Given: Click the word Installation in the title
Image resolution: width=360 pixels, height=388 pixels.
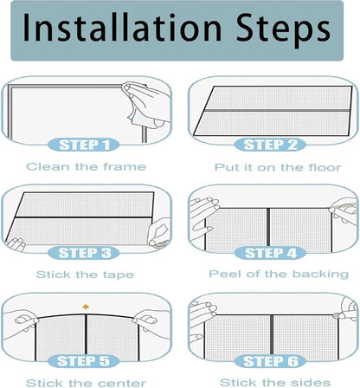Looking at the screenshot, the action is click(122, 28).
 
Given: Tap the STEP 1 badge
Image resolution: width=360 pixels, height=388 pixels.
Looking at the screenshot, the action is click(84, 145).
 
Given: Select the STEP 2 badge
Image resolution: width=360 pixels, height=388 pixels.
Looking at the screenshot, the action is click(270, 145).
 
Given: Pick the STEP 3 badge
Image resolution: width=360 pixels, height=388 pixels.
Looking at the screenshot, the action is click(84, 253).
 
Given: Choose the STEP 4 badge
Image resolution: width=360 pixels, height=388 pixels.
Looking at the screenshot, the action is click(270, 253).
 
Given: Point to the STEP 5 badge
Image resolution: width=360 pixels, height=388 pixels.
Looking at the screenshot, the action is click(84, 361).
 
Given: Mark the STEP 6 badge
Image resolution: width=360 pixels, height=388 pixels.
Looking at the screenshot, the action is click(270, 361).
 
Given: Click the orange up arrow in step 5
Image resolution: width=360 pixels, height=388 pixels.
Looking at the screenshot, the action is click(86, 307).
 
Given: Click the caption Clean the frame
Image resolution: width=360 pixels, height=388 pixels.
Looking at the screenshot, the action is click(86, 166).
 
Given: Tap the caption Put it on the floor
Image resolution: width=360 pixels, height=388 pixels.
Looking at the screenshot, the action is click(278, 167).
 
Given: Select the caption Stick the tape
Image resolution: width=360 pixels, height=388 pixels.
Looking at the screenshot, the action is click(85, 275).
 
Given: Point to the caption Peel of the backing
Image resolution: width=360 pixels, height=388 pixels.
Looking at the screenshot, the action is click(279, 274).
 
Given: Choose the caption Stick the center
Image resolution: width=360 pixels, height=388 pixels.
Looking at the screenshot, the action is click(86, 383).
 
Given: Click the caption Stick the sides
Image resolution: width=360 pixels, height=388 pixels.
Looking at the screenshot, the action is click(275, 382).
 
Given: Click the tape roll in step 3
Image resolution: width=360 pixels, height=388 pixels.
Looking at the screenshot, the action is click(158, 242).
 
